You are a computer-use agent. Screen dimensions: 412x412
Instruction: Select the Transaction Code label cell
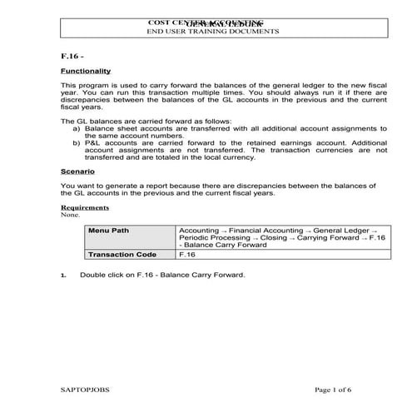[122, 255]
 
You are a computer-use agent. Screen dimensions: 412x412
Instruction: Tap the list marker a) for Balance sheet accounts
[77, 128]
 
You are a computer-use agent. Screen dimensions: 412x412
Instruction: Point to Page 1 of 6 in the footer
[335, 390]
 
